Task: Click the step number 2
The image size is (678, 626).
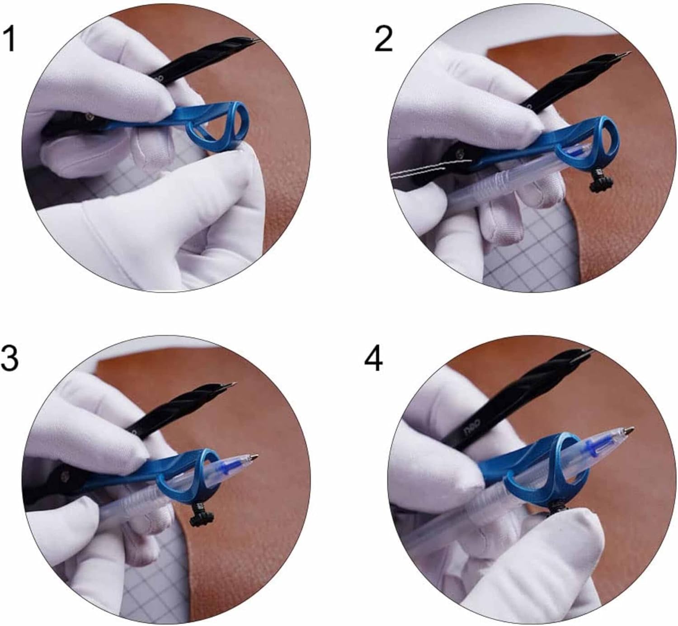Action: pyautogui.click(x=384, y=40)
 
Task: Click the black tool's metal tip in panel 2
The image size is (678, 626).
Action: pyautogui.click(x=626, y=54)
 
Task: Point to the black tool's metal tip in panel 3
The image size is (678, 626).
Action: pyautogui.click(x=231, y=384)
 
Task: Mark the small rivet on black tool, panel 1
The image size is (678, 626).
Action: pyautogui.click(x=90, y=117)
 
